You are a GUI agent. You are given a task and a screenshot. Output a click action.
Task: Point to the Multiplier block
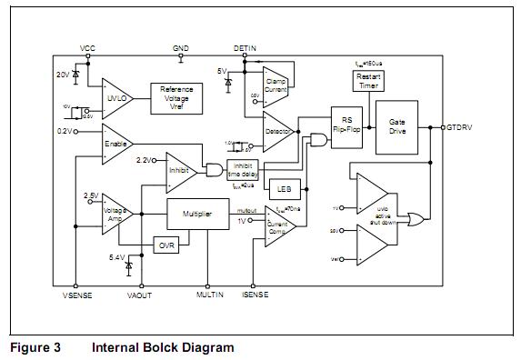point(197,214)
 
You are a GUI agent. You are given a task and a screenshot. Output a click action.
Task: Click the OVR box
point(165,245)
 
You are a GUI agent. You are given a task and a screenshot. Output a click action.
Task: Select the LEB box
point(283,188)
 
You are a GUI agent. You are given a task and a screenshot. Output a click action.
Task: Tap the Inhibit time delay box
point(243,169)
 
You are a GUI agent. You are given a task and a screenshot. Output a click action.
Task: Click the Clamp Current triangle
point(275,85)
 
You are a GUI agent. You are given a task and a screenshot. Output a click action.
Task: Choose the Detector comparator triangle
point(276,132)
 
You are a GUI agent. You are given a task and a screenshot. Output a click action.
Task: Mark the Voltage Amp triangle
point(116,213)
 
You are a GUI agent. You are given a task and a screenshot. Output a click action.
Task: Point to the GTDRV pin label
point(460,127)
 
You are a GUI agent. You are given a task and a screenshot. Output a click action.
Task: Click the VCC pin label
point(87,47)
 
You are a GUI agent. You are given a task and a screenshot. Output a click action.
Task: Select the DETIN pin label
point(245,47)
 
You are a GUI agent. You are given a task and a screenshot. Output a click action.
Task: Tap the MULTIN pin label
point(209,295)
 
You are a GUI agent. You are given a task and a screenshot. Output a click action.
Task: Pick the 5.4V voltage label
point(117,258)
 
